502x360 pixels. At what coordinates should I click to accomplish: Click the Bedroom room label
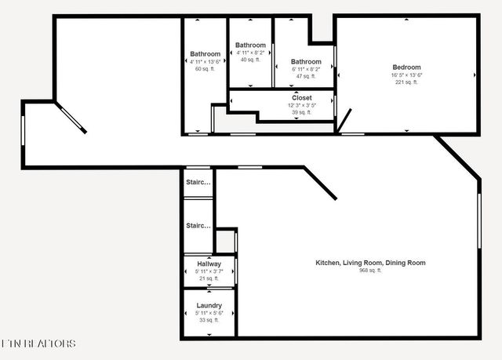point(406,67)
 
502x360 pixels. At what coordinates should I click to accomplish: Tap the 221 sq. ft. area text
point(406,82)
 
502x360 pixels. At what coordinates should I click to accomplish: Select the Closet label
point(302,98)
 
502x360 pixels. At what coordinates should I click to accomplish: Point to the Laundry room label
point(209,305)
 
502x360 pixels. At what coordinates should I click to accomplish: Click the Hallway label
point(209,264)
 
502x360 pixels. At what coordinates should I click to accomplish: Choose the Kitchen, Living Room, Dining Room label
point(370,263)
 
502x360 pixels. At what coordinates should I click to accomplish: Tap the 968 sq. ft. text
point(370,271)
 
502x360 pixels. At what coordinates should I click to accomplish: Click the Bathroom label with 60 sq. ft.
point(205,54)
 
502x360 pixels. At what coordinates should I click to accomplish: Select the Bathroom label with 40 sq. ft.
point(250,45)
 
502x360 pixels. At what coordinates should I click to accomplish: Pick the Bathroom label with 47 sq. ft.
point(306,62)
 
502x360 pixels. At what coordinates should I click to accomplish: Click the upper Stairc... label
point(198,183)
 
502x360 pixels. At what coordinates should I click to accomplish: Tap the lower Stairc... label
point(198,226)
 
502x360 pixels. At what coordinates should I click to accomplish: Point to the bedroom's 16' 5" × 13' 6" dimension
point(406,75)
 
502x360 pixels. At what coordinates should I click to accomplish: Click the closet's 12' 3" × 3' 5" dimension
point(302,105)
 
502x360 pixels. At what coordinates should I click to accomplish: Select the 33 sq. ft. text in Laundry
point(209,320)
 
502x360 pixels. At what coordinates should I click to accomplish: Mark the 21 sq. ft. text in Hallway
point(209,278)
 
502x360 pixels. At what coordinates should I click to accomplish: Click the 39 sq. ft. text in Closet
point(302,112)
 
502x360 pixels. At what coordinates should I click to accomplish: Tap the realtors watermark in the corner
point(39,344)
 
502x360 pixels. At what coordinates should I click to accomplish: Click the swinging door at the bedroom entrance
point(344,120)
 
